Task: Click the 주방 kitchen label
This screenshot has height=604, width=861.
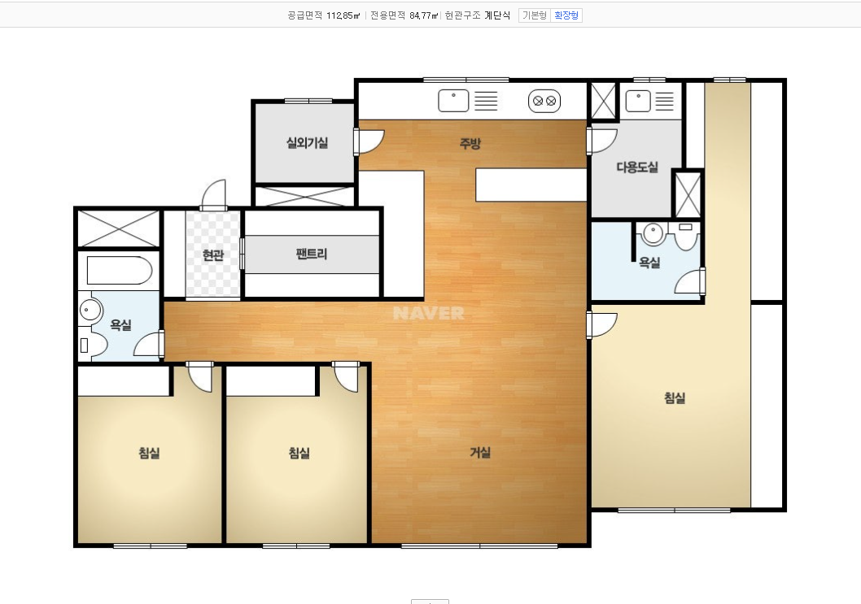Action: (x=470, y=144)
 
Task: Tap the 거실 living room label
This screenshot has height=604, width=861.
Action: (x=480, y=453)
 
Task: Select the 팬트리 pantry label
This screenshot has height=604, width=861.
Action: (x=312, y=254)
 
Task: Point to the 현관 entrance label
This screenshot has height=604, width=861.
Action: (x=213, y=255)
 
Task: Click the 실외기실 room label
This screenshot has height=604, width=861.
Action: (x=307, y=143)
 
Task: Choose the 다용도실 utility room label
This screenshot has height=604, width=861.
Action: (x=637, y=167)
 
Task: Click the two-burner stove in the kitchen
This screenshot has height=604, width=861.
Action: (x=544, y=101)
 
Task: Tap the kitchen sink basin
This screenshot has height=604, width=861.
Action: (x=453, y=101)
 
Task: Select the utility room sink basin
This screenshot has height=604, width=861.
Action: (x=638, y=101)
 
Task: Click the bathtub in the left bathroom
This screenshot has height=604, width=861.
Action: (x=119, y=271)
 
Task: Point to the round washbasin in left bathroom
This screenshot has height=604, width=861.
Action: (x=90, y=311)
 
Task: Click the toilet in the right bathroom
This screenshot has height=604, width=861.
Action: (x=685, y=236)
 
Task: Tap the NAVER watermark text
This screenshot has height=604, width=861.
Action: (x=429, y=313)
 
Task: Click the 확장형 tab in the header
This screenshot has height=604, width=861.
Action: (x=566, y=15)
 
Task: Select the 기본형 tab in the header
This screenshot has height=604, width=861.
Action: (x=535, y=15)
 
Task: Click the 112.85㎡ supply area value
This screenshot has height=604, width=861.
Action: (x=343, y=15)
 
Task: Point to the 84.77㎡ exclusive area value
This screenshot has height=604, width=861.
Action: (x=424, y=15)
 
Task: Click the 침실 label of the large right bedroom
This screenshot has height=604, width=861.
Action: (x=675, y=398)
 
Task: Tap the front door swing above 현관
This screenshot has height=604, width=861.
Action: (x=215, y=193)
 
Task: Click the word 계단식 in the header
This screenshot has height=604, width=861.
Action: (x=497, y=15)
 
